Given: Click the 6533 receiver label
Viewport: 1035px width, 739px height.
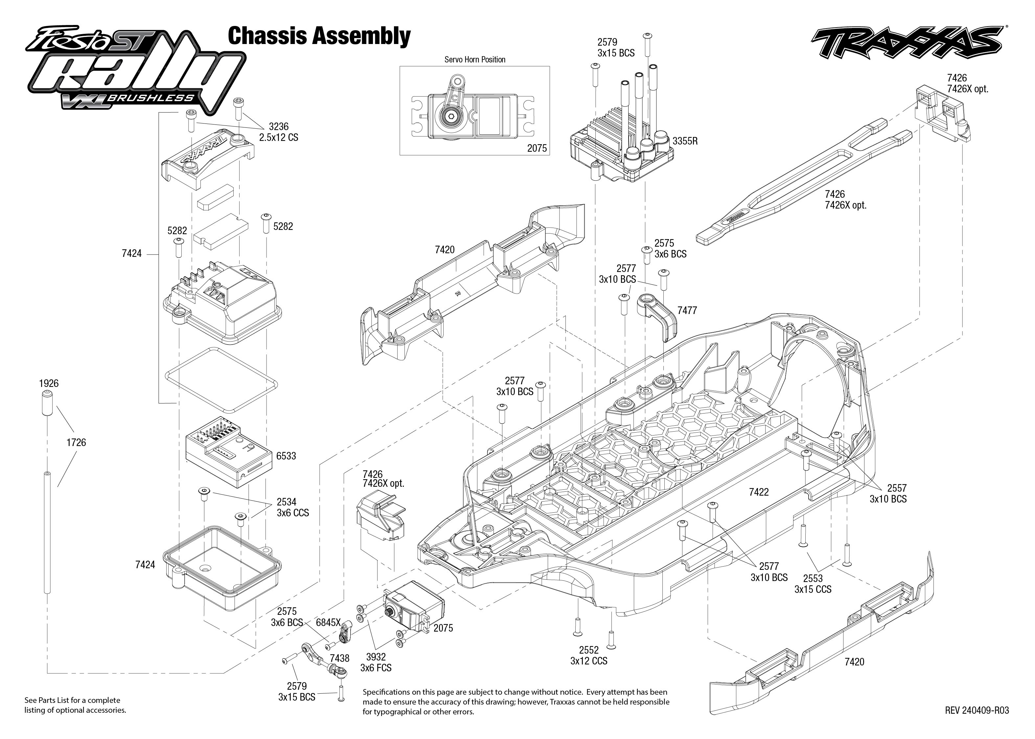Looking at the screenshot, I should tap(286, 456).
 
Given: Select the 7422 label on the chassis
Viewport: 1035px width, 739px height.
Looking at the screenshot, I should tap(759, 492).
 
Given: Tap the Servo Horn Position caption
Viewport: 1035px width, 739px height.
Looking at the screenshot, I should tap(475, 59).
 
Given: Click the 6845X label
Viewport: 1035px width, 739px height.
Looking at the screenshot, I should tap(328, 622).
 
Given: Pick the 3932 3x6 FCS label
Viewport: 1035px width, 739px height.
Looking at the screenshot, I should tap(376, 662).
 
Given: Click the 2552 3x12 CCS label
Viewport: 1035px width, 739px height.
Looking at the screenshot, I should tap(588, 655).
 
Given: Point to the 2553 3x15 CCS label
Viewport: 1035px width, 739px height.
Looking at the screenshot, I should tap(813, 584).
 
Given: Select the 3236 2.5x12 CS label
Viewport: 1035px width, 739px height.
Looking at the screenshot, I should tap(279, 132).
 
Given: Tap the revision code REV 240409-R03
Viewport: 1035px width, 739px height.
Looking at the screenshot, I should tap(976, 710).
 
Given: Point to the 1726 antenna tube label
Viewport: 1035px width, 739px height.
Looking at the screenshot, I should tap(76, 442).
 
